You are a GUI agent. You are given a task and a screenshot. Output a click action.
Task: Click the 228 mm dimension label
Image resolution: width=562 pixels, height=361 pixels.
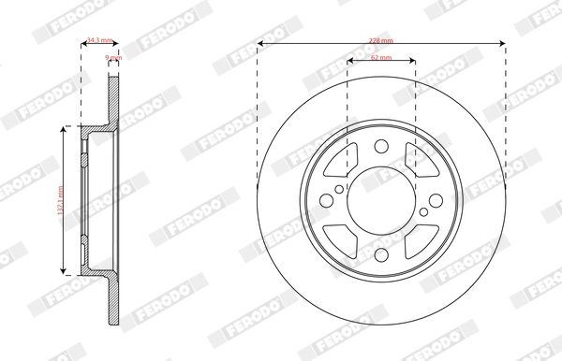tap(380, 39)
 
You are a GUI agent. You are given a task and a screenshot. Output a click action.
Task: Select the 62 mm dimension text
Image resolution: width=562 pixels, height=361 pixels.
tap(380, 58)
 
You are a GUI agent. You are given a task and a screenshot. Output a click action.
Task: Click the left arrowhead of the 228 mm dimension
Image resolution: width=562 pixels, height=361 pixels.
tap(260, 44)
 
